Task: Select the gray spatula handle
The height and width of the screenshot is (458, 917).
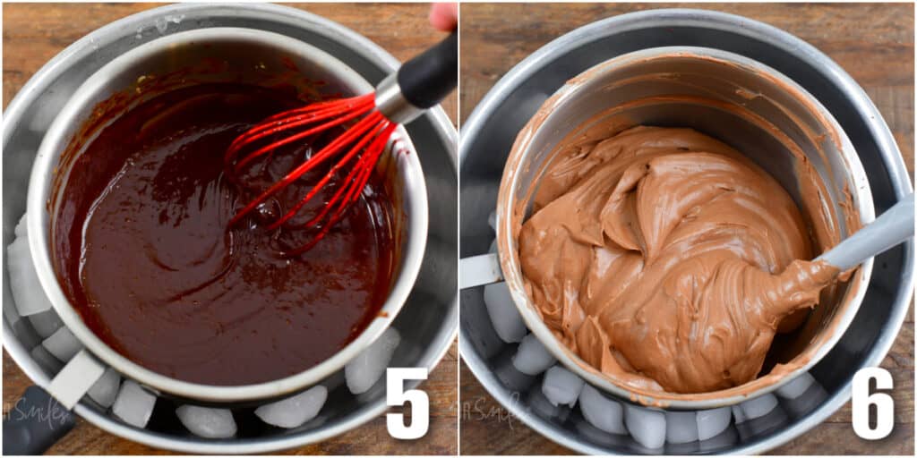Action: pos(869,234)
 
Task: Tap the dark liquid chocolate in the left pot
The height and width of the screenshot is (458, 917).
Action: pos(179,268)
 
